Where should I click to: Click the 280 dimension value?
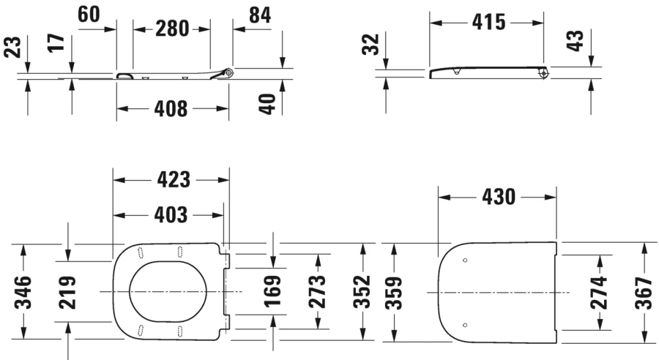(171, 29)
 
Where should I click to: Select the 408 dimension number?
(171, 109)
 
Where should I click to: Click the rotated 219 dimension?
(67, 291)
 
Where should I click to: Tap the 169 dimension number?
(272, 291)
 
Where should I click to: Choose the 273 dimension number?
(318, 291)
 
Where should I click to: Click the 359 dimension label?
(393, 291)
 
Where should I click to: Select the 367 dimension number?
(644, 291)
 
